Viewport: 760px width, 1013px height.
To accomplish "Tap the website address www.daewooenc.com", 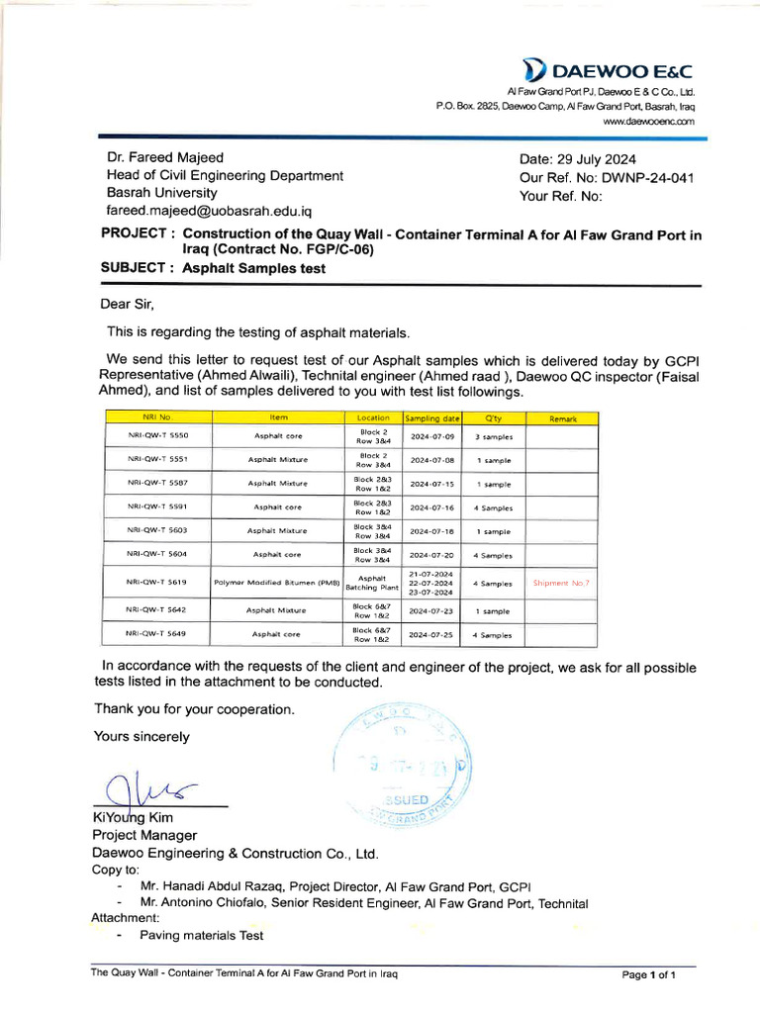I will (x=648, y=121).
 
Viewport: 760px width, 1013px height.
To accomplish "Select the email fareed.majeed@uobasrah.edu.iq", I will (x=209, y=212).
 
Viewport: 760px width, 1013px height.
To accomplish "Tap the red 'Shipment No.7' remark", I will (x=561, y=583).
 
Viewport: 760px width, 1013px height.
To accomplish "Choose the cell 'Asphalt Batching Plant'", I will (x=372, y=583).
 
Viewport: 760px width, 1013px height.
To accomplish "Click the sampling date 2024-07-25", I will (x=431, y=634).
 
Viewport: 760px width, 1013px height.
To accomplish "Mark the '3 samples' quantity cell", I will (x=493, y=434).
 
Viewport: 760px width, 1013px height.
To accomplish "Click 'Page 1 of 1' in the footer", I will (x=648, y=975).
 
